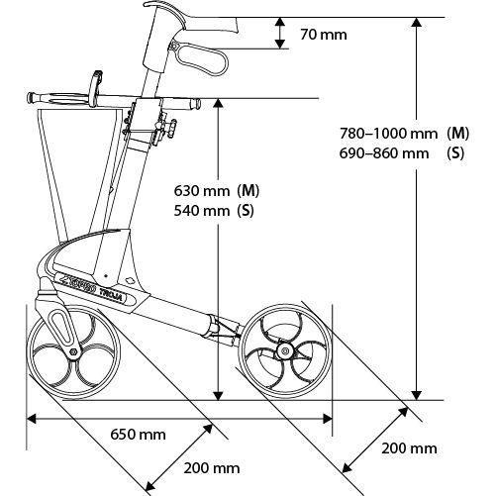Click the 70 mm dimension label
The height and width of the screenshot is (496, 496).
pyautogui.click(x=324, y=35)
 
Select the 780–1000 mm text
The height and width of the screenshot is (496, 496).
pyautogui.click(x=389, y=134)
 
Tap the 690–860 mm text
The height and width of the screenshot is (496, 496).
pyautogui.click(x=384, y=153)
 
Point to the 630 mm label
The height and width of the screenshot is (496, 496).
pyautogui.click(x=202, y=191)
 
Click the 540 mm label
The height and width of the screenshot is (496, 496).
pyautogui.click(x=202, y=211)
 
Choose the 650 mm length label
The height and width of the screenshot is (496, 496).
pyautogui.click(x=138, y=435)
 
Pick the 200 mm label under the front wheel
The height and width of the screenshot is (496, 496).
pyautogui.click(x=212, y=468)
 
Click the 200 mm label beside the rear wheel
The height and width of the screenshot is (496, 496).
pyautogui.click(x=409, y=448)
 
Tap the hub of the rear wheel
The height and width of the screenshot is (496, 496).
pyautogui.click(x=284, y=350)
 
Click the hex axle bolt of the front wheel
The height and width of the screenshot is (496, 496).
pyautogui.click(x=74, y=352)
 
